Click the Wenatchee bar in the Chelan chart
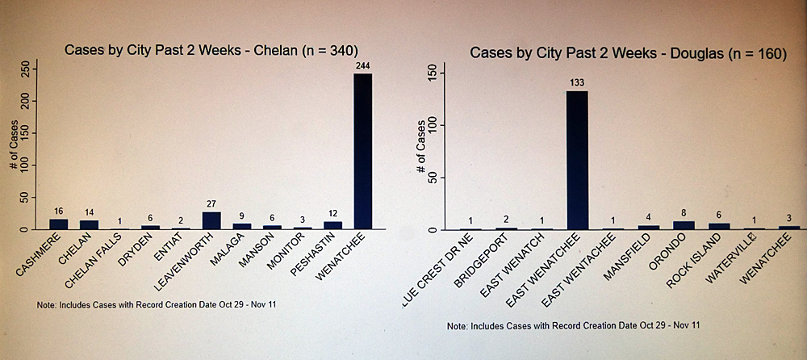(x=362, y=152)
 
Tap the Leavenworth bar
(x=211, y=220)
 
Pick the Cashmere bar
(x=59, y=224)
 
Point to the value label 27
(x=211, y=205)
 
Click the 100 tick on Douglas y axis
(x=432, y=125)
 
